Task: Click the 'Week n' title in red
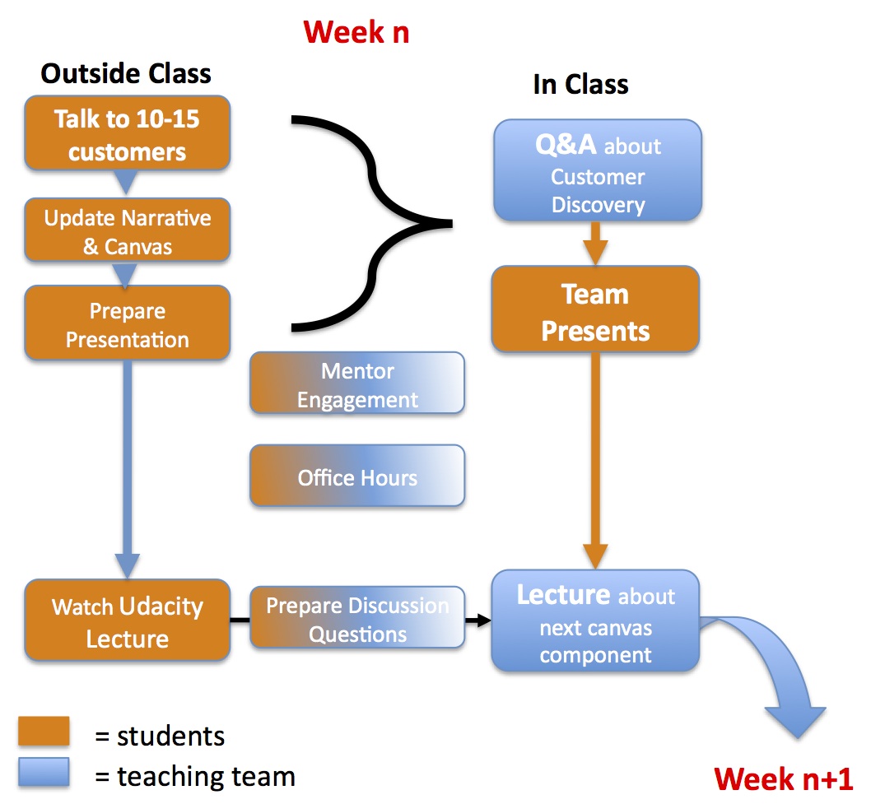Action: point(356,33)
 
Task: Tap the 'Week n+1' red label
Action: point(783,778)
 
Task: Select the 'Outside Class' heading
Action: point(126,73)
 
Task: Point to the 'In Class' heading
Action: point(580,84)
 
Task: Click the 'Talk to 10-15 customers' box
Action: point(127,134)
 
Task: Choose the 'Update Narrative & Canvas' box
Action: point(127,232)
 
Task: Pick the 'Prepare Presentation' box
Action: point(127,324)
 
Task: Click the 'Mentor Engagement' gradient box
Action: point(357,384)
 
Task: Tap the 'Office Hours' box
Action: point(357,477)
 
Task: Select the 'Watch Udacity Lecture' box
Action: point(127,621)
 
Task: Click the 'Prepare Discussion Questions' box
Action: point(357,620)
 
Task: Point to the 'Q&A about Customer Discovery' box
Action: point(597,174)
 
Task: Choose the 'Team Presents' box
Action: point(595,311)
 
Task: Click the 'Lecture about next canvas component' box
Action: point(595,623)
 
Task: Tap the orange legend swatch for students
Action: point(44,732)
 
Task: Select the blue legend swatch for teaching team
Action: point(44,773)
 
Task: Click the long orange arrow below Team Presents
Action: point(595,461)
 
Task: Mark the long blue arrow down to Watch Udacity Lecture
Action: point(127,469)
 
